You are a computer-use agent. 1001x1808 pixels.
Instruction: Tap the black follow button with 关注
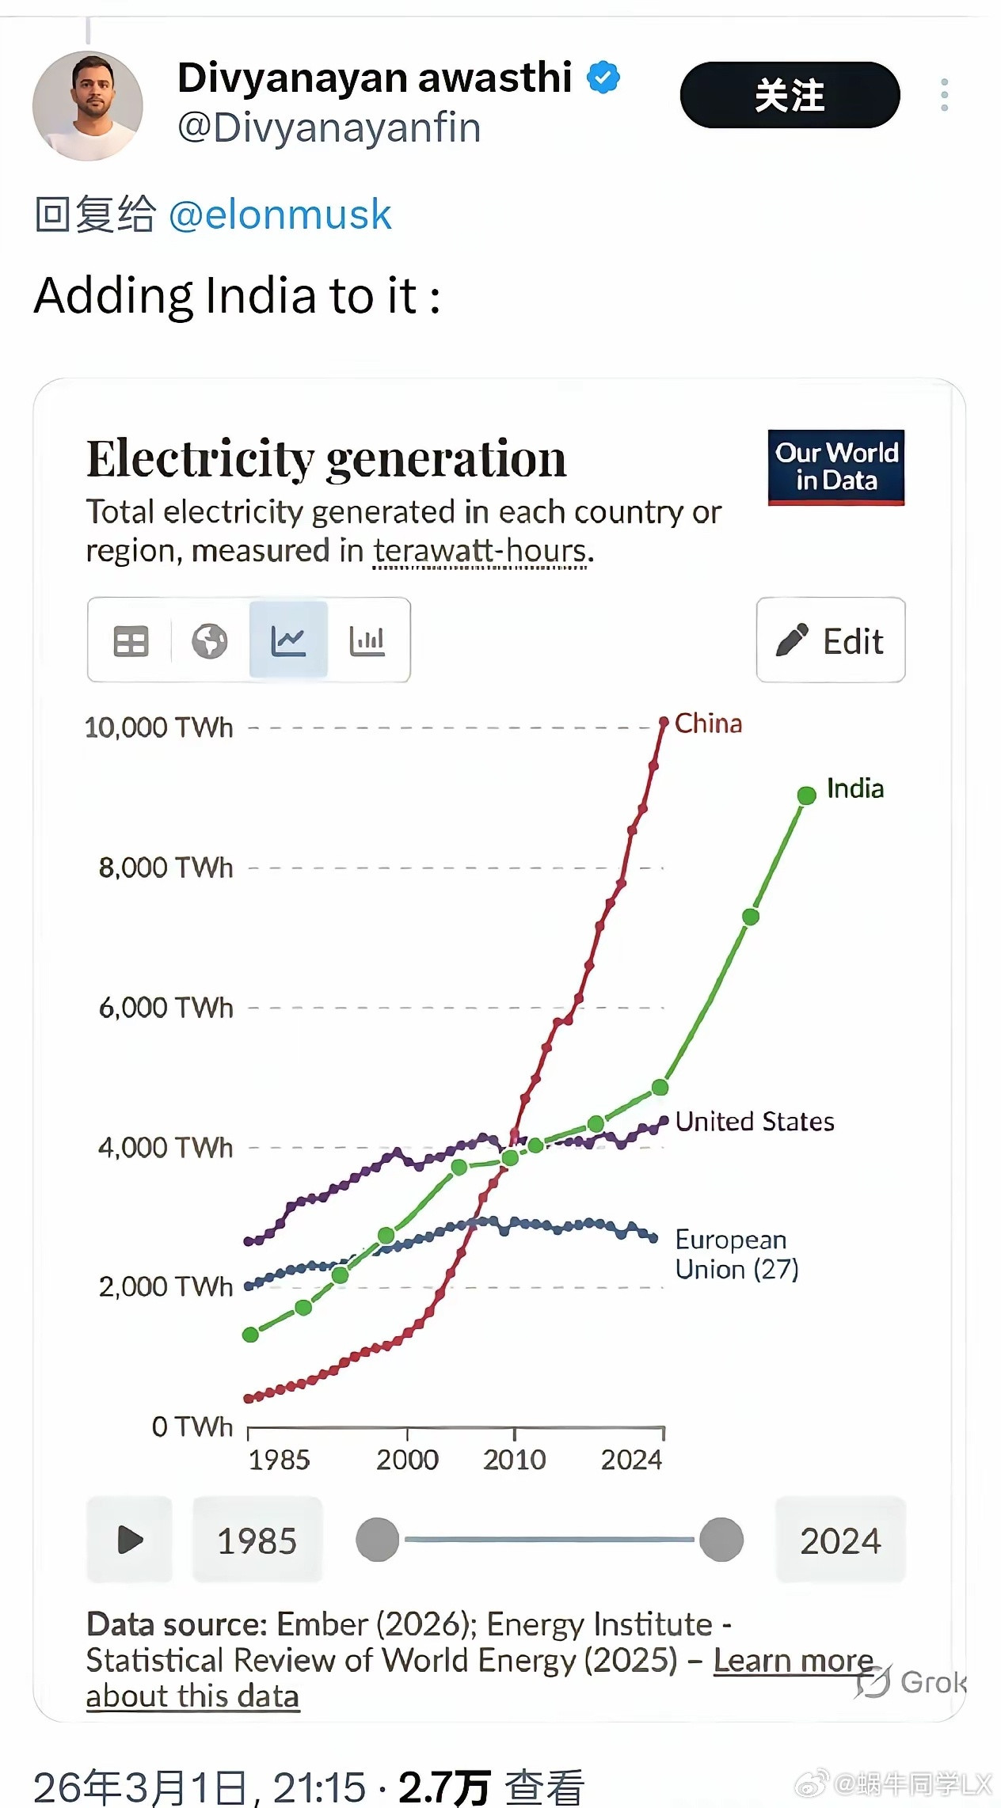(x=790, y=95)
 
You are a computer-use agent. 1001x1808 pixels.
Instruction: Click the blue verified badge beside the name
(x=603, y=78)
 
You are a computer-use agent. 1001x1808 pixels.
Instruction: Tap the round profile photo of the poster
(x=88, y=106)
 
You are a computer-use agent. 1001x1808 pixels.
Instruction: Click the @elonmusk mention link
(x=280, y=215)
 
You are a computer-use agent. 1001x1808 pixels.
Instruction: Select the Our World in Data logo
(x=835, y=467)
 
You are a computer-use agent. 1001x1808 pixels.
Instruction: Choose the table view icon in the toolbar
(x=131, y=640)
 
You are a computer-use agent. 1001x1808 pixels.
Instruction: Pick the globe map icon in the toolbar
(x=209, y=640)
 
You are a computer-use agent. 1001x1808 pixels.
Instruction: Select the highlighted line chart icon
(x=288, y=640)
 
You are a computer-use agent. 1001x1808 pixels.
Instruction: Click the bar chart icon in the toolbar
(x=367, y=640)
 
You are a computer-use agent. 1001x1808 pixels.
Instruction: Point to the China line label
(x=708, y=724)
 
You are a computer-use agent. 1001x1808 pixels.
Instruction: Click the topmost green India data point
(x=806, y=796)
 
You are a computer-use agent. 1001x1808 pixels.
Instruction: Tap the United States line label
(x=754, y=1122)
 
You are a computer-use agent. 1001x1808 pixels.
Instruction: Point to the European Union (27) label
(x=736, y=1255)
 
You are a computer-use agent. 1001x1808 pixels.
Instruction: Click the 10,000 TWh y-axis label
(x=158, y=727)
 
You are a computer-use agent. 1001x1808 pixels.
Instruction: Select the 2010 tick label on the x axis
(x=514, y=1460)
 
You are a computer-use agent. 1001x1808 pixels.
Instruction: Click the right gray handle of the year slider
(x=721, y=1540)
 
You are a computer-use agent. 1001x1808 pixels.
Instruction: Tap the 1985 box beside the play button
(x=257, y=1540)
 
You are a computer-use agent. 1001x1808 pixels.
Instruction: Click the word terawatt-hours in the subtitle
(x=480, y=551)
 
